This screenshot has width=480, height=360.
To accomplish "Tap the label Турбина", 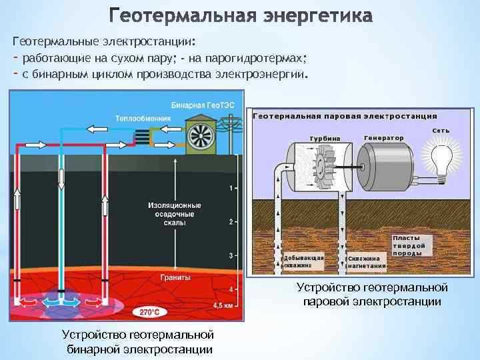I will (323, 138).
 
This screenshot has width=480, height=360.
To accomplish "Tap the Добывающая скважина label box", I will (303, 261).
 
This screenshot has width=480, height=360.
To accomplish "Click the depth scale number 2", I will (230, 221).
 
